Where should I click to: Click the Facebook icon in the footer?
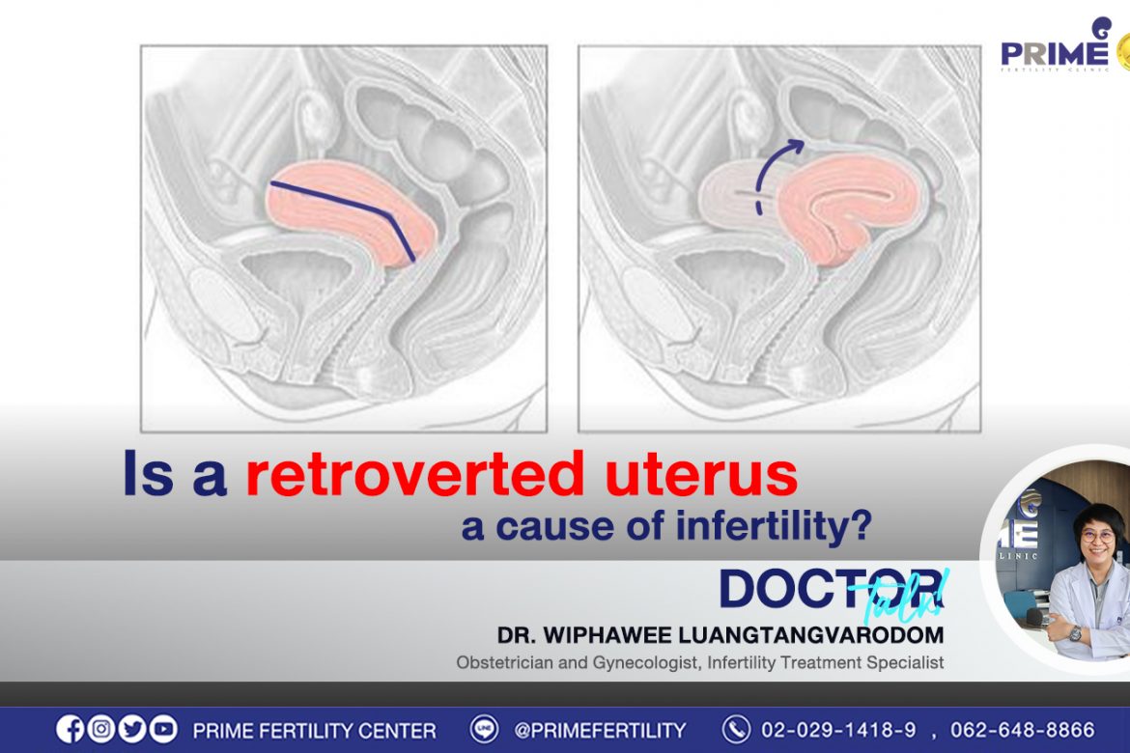(x=70, y=729)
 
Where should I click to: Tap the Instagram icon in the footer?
(x=100, y=729)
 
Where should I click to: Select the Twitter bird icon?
(x=132, y=729)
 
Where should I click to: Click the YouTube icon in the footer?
(x=163, y=729)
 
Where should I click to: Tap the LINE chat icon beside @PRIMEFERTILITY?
(x=484, y=729)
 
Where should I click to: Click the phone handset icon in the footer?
(x=736, y=729)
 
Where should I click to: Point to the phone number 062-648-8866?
(x=1022, y=730)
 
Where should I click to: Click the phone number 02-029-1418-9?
(x=838, y=730)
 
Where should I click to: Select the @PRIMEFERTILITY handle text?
(x=600, y=731)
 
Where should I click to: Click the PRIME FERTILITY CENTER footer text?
(x=314, y=731)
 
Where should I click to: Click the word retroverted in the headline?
(x=414, y=474)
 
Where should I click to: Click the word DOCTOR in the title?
(x=831, y=589)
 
